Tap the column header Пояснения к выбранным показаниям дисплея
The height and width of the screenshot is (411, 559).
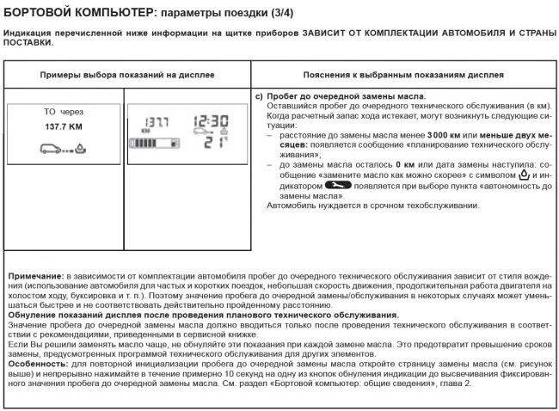pyautogui.click(x=403, y=76)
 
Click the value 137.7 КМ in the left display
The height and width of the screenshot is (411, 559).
pyautogui.click(x=63, y=126)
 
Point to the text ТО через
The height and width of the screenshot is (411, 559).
pyautogui.click(x=63, y=112)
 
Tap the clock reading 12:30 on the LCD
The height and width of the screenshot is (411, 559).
pyautogui.click(x=210, y=121)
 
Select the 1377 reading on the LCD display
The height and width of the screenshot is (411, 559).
pyautogui.click(x=155, y=122)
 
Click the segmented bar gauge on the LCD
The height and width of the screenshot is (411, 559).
pyautogui.click(x=153, y=144)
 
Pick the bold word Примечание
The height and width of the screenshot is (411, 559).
pyautogui.click(x=36, y=275)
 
